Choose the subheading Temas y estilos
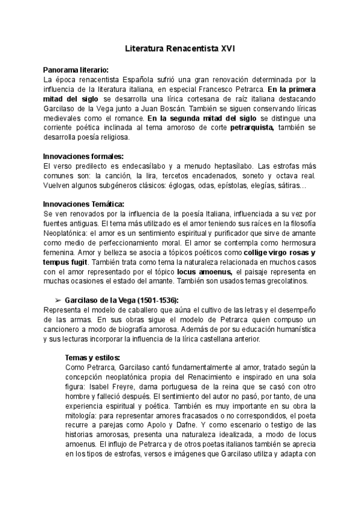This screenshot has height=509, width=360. [x=92, y=357]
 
